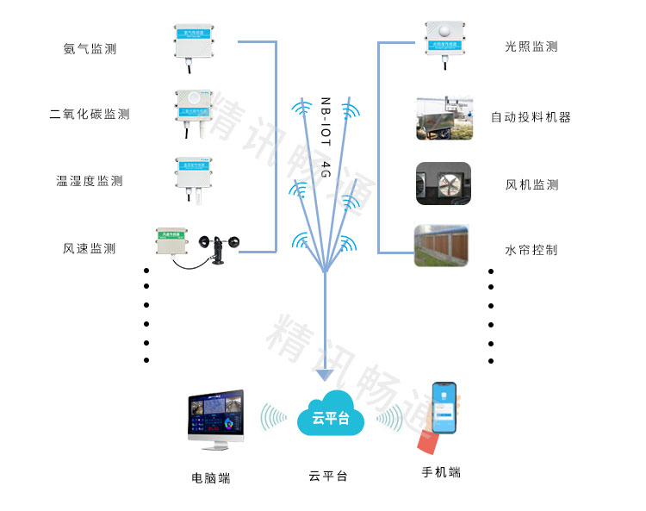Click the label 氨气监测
(90, 49)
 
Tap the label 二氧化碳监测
(90, 114)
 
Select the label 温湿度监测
(90, 181)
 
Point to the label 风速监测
(90, 248)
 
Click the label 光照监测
(531, 47)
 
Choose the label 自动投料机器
(531, 117)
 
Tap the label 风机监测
(531, 184)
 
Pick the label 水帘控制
(531, 250)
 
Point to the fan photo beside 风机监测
(444, 184)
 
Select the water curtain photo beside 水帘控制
(443, 246)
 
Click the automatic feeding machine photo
(444, 117)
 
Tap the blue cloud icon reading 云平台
(330, 419)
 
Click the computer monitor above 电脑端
(214, 417)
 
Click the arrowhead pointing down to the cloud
(324, 375)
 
